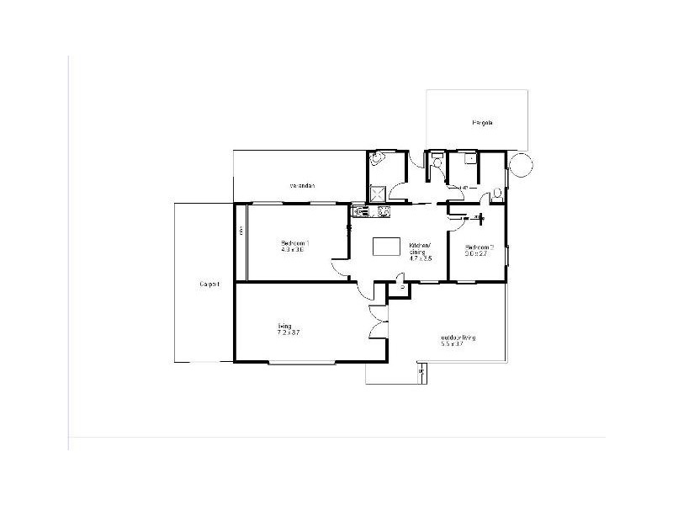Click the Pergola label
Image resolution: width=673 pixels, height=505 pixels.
pyautogui.click(x=482, y=123)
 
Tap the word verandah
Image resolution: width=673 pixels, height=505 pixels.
pyautogui.click(x=302, y=185)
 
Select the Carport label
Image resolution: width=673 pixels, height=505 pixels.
pyautogui.click(x=209, y=284)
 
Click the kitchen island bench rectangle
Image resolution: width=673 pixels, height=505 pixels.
pyautogui.click(x=388, y=246)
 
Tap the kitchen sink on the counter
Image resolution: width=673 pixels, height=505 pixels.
pyautogui.click(x=361, y=211)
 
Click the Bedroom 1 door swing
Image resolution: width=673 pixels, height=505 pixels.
pyautogui.click(x=338, y=268)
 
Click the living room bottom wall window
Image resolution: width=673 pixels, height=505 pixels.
pyautogui.click(x=302, y=362)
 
